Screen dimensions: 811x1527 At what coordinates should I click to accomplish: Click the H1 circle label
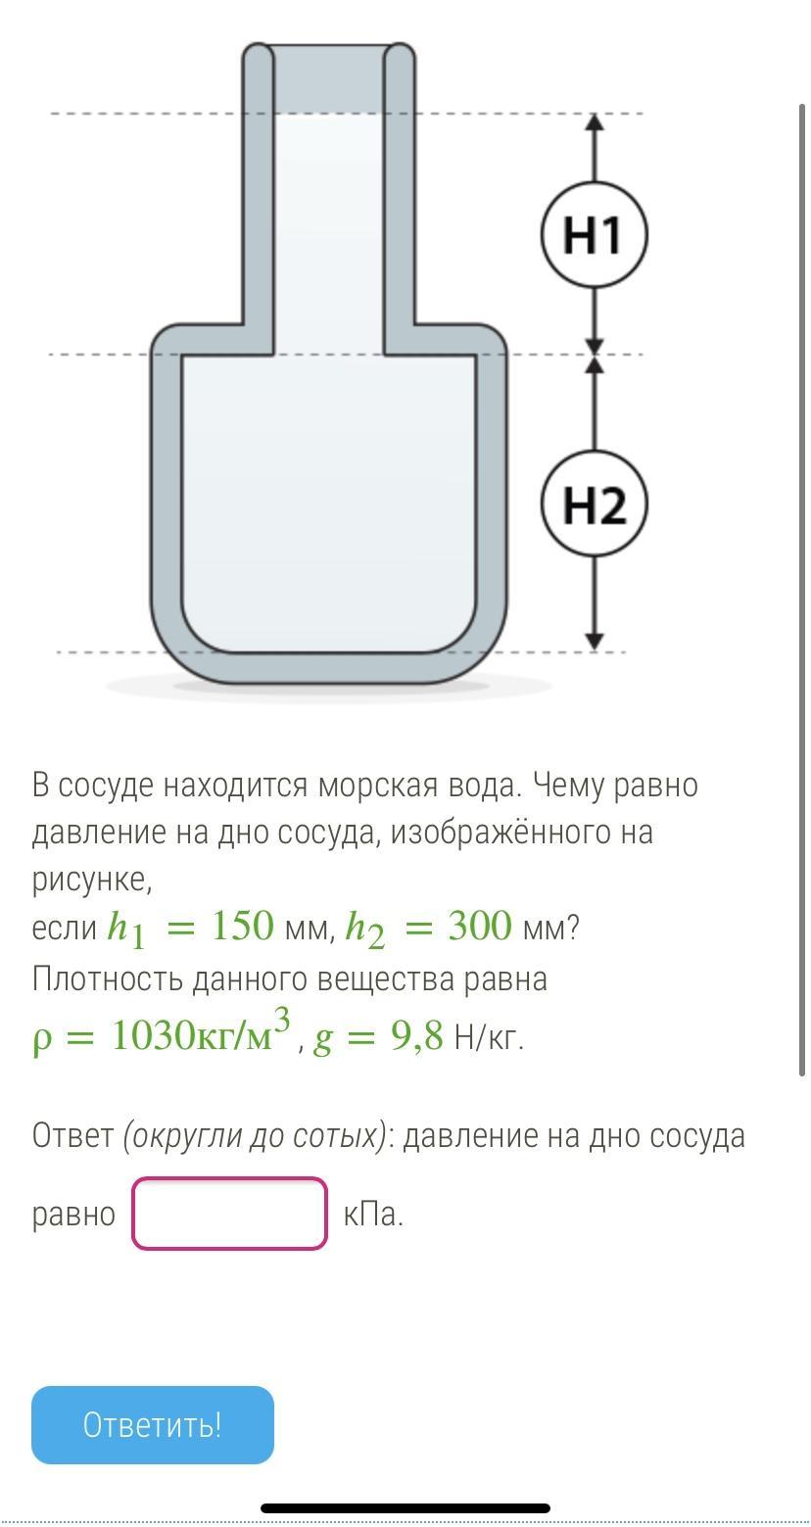point(594,235)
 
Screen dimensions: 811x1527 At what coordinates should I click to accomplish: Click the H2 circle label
point(594,504)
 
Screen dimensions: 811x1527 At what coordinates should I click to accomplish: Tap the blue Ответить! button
point(153,1424)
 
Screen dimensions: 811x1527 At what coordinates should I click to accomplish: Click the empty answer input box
point(229,1214)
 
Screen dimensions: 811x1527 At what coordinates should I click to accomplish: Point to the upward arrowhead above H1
point(595,121)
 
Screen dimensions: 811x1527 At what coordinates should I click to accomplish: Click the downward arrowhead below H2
point(595,641)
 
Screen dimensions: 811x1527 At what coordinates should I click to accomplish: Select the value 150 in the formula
point(242,926)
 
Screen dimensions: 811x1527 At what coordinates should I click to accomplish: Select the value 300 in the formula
point(480,926)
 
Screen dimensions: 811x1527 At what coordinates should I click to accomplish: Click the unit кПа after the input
point(373,1215)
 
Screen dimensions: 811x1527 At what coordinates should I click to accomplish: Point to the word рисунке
point(91,879)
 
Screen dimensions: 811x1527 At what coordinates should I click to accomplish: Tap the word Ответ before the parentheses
point(72,1135)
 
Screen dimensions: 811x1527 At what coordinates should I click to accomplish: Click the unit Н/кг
point(489,1036)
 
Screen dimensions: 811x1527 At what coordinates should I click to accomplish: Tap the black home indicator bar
point(405,1508)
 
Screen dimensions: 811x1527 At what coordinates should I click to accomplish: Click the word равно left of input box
point(73,1215)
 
